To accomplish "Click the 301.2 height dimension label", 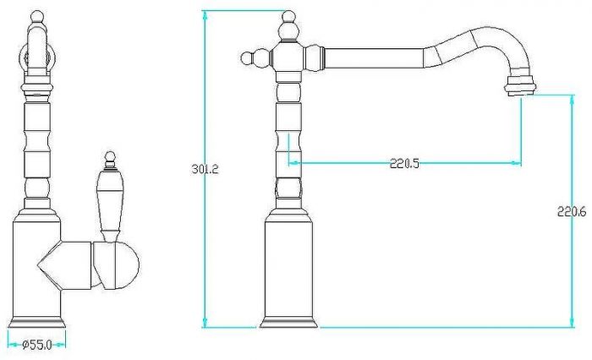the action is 205,169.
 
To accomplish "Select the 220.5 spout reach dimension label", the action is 404,163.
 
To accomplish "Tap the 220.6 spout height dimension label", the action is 572,212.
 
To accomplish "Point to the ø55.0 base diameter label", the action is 37,345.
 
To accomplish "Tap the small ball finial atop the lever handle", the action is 110,155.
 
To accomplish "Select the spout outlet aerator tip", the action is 522,85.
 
